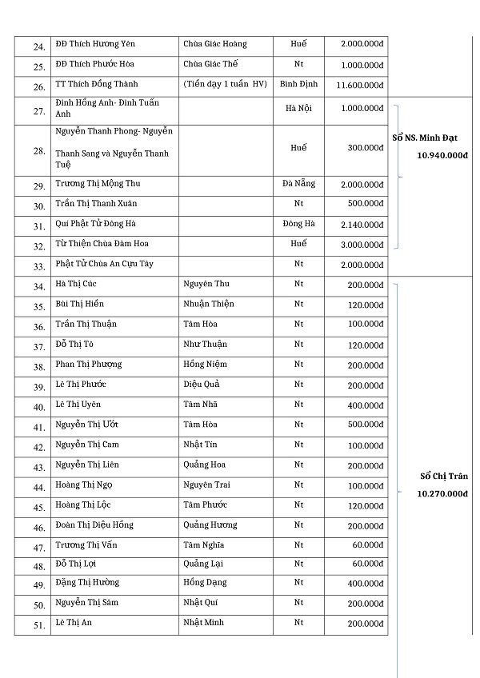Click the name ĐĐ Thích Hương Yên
92,44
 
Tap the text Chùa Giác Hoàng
215,44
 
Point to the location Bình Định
298,84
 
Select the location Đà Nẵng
298,184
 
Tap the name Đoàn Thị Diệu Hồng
94,524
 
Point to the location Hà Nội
298,108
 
